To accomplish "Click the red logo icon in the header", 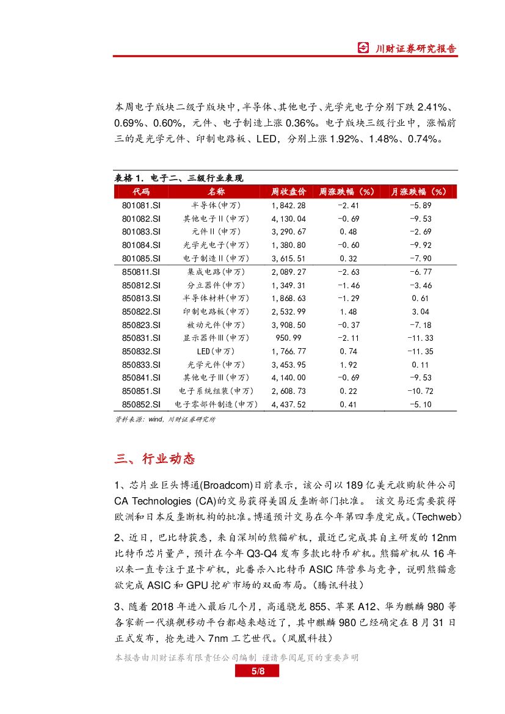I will tap(363, 48).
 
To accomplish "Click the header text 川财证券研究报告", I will tap(415, 49).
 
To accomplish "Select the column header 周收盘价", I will tap(288, 192).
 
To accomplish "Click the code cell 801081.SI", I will tap(141, 205).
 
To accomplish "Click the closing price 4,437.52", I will tap(288, 404).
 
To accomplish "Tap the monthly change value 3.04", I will tap(421, 311).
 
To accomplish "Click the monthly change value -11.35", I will tap(421, 351).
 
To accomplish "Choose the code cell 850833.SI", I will tap(141, 365).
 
